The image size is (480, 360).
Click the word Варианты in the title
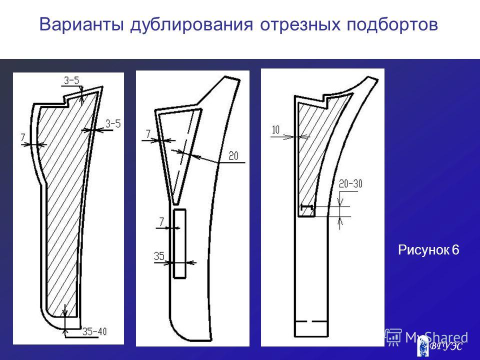pyautogui.click(x=81, y=24)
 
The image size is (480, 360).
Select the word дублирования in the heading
pyautogui.click(x=191, y=25)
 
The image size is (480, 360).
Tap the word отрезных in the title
pyautogui.click(x=300, y=25)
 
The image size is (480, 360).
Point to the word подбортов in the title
pyautogui.click(x=392, y=25)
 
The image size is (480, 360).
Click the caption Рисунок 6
pyautogui.click(x=428, y=250)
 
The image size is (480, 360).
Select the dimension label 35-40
pyautogui.click(x=94, y=331)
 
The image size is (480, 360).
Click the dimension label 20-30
pyautogui.click(x=350, y=183)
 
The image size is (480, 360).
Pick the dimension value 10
pyautogui.click(x=276, y=130)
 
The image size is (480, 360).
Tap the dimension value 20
pyautogui.click(x=233, y=156)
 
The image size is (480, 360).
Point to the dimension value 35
pyautogui.click(x=159, y=255)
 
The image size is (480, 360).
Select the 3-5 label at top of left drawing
pyautogui.click(x=71, y=80)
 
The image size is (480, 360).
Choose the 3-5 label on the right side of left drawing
pyautogui.click(x=113, y=123)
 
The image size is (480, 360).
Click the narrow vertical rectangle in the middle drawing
pyautogui.click(x=179, y=243)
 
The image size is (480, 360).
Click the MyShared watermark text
pyautogui.click(x=436, y=337)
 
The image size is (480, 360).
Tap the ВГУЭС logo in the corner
pyautogui.click(x=441, y=346)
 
